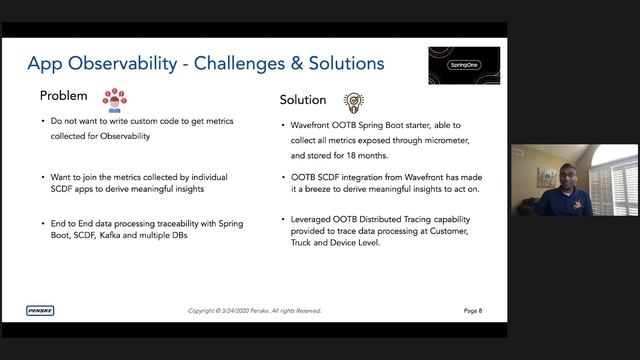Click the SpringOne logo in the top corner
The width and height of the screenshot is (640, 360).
coord(463,65)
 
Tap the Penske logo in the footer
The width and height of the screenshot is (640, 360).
coord(41,310)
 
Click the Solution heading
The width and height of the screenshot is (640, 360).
coord(303,100)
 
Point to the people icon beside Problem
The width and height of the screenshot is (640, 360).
coord(114,98)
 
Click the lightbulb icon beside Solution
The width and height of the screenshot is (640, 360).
coord(353,101)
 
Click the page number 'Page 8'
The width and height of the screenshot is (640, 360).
coord(472,311)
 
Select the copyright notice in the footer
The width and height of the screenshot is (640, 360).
coord(255,311)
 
